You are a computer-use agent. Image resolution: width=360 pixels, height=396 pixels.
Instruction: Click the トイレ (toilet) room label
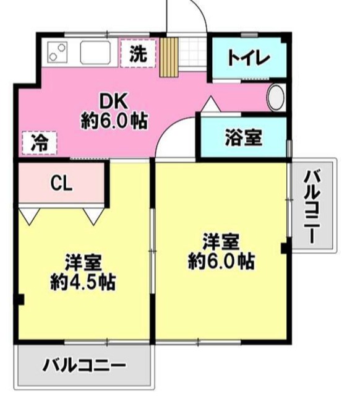point(249,59)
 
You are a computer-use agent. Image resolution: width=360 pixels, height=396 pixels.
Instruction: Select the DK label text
point(114,100)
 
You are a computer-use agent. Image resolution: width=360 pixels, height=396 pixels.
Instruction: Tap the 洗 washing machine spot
point(139,53)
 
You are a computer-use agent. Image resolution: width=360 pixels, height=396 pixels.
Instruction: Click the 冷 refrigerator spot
point(39,143)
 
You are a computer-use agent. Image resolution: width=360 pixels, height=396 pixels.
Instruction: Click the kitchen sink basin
point(95,52)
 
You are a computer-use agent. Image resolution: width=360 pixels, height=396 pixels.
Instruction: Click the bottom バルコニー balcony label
point(84,365)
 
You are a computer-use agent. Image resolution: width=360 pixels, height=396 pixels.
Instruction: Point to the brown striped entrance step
point(168,57)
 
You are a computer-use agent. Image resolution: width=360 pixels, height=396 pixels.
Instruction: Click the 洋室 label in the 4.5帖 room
point(84,262)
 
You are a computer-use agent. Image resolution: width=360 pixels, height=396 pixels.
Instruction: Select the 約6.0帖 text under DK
point(114,120)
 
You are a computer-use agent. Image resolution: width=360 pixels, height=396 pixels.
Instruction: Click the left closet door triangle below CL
point(29,215)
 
